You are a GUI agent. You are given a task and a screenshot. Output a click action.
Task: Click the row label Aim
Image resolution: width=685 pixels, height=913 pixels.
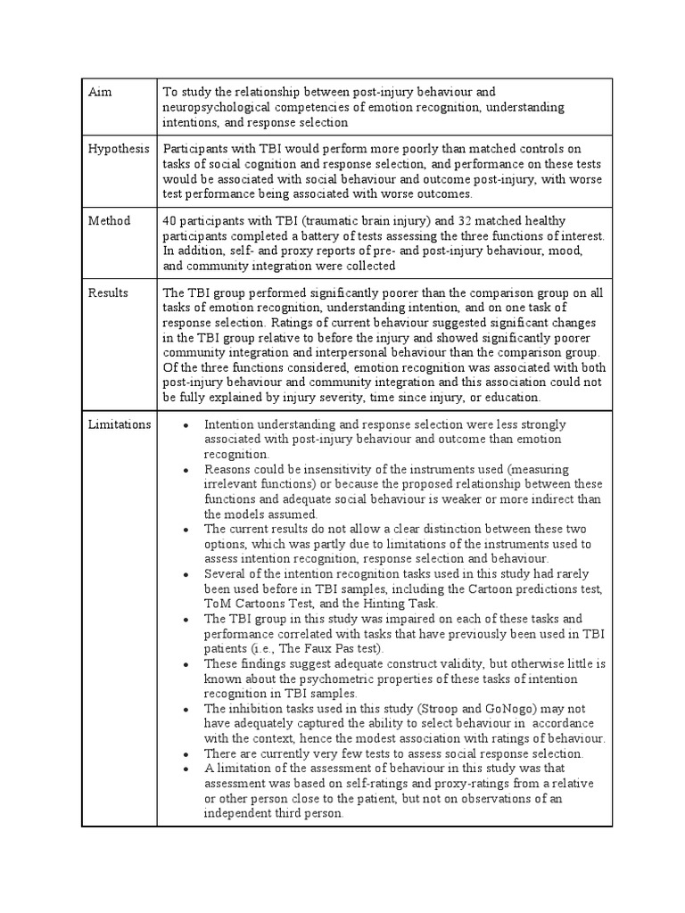pos(99,93)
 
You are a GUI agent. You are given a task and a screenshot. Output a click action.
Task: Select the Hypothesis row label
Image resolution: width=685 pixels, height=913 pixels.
pos(118,149)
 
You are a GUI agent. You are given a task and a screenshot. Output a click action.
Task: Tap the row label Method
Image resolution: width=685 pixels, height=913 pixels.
pos(109,220)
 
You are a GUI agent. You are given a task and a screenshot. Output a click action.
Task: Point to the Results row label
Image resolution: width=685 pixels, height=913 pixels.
pos(108,292)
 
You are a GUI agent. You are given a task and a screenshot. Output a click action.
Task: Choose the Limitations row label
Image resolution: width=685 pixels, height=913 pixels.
pos(119,424)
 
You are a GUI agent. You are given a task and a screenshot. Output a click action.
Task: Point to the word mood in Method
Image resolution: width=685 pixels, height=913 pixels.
pos(542,251)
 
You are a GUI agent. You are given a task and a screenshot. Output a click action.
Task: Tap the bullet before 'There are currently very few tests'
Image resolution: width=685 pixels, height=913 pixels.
pos(185,754)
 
